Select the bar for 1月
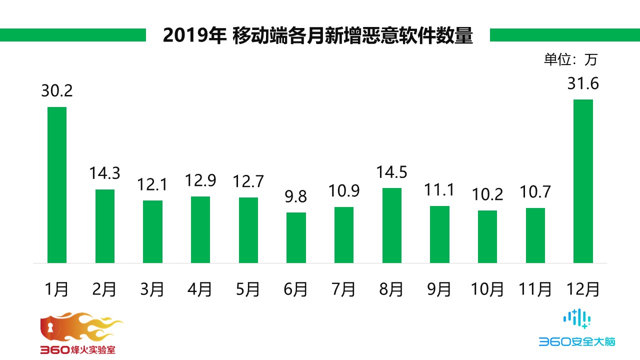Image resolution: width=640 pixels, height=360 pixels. coord(57,185)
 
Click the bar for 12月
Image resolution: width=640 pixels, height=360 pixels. coord(583,181)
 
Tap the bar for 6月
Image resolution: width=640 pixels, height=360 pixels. coord(296,237)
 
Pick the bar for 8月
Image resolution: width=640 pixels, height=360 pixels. coord(392,225)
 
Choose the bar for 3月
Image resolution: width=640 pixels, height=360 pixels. coord(152,231)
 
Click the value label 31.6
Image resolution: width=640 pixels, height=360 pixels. coord(583,83)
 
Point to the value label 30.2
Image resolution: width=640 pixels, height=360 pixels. coord(57,91)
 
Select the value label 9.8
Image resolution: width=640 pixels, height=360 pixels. coord(296,197)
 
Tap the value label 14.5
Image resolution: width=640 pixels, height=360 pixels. coord(392,172)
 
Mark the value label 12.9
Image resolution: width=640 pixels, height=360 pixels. coord(200,181)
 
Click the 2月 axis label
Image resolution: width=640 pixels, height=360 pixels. coord(104,289)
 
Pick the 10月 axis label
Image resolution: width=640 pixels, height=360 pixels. coord(487,289)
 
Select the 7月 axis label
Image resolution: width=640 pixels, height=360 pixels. coord(344,289)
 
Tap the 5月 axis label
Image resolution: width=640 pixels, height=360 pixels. coord(248,289)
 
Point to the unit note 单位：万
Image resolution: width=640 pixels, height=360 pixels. coord(570,59)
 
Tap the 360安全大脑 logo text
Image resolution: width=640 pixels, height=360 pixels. coord(576,342)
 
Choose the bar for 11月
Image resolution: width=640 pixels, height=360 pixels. coord(535,235)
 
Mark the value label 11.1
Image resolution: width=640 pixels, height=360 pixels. coord(439,190)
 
